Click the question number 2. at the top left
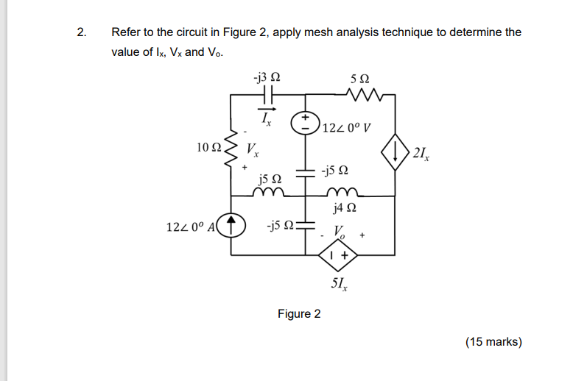(81, 32)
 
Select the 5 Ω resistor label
(361, 77)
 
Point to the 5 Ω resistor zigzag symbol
(362, 94)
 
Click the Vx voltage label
(253, 151)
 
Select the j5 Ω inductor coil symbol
(268, 193)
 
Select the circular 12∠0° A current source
(233, 223)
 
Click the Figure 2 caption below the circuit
(299, 314)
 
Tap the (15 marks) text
(493, 341)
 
